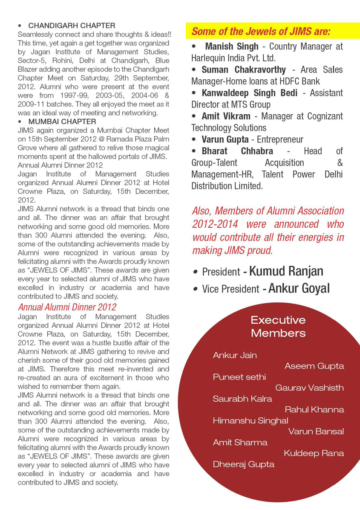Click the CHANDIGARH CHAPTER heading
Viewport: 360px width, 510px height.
72,26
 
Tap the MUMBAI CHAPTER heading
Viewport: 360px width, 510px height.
62,122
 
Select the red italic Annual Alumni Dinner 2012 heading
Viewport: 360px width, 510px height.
67,307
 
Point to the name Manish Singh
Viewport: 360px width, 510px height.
231,46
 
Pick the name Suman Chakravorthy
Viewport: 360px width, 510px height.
244,70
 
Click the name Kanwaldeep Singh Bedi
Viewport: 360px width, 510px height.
251,93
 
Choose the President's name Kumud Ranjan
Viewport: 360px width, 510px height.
286,271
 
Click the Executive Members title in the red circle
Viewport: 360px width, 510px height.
278,326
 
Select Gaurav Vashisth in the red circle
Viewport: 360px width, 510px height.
309,388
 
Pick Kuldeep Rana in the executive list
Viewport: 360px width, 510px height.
314,453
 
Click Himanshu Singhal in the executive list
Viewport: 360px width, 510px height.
251,420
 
